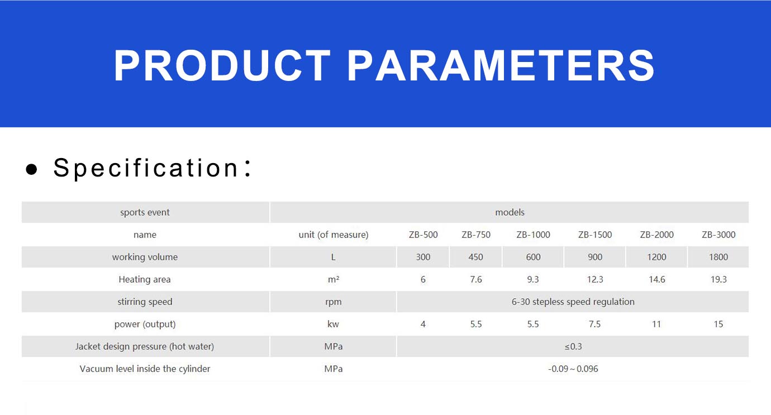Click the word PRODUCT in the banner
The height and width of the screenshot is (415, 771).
pos(222,65)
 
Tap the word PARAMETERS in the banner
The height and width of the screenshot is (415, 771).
pos(501,65)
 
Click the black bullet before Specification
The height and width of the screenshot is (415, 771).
pos(31,169)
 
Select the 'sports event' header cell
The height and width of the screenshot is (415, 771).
pos(145,212)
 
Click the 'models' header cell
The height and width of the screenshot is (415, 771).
pos(510,212)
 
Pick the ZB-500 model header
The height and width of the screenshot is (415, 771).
pos(423,235)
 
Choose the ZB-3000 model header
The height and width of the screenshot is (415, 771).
pos(718,235)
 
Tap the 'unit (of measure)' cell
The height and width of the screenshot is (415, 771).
pos(333,235)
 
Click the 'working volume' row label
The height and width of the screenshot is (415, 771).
pos(145,257)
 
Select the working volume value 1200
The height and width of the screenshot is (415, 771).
pos(656,257)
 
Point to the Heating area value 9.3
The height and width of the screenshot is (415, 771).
pos(533,279)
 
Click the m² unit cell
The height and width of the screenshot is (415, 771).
pos(333,279)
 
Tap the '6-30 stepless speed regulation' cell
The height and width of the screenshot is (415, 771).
pos(573,302)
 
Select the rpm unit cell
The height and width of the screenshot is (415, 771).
pos(333,302)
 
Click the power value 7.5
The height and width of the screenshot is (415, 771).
pos(594,324)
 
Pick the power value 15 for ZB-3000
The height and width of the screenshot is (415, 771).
pos(718,324)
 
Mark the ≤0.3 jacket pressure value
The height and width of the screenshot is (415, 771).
pos(573,346)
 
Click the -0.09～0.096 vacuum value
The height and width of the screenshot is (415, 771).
pos(573,369)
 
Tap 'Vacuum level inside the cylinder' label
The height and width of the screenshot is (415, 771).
pos(145,369)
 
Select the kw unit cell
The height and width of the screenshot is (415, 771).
pos(333,324)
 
